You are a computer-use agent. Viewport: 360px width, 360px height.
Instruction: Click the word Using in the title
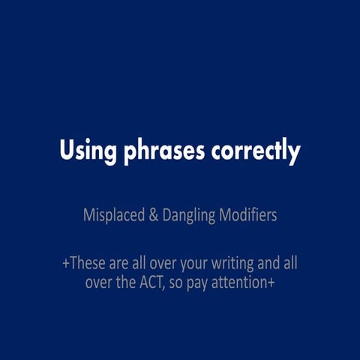click(88, 151)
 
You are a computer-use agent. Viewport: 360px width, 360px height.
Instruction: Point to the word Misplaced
click(112, 216)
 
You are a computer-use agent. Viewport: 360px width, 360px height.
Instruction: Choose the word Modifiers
click(248, 216)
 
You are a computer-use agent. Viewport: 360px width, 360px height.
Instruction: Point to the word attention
click(246, 284)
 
